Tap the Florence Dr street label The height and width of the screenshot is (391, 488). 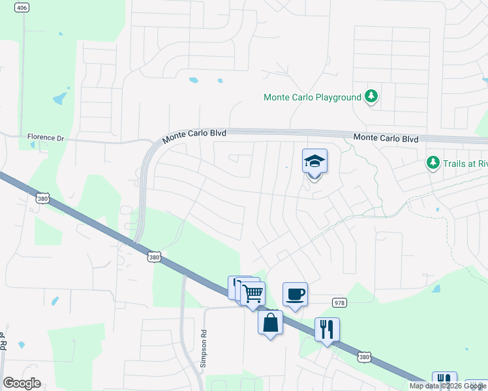click(x=46, y=138)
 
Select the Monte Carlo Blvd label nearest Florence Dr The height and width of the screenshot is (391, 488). click(x=194, y=134)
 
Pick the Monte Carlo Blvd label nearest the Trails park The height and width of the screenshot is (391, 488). click(x=386, y=138)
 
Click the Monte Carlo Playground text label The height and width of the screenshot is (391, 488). click(x=313, y=97)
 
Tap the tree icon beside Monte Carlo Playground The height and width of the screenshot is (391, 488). click(x=371, y=97)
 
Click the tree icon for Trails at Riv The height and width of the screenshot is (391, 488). click(x=433, y=162)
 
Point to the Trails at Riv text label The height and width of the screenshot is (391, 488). click(x=465, y=162)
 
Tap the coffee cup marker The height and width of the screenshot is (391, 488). click(x=294, y=294)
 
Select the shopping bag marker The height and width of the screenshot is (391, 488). click(x=271, y=321)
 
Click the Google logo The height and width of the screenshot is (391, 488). click(x=22, y=383)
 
